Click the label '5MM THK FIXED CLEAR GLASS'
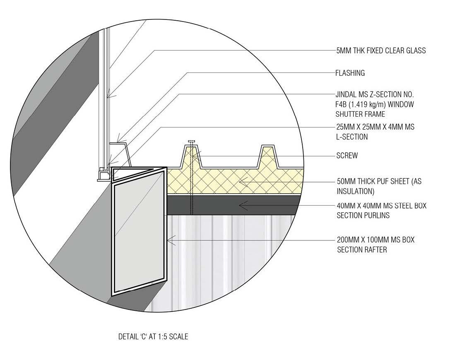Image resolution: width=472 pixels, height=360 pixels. [381, 50]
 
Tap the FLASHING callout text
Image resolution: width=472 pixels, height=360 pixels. [350, 73]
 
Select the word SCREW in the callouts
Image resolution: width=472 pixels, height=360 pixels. [347, 156]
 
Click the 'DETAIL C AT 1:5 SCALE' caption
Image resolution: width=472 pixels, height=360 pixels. [153, 337]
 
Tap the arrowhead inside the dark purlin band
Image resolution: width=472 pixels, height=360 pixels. [243, 204]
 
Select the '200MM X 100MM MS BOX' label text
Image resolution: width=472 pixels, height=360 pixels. [376, 240]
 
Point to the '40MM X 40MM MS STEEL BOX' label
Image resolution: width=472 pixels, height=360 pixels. [381, 206]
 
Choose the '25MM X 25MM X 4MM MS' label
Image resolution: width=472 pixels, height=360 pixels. [375, 127]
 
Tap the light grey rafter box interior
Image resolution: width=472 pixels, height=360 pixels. [137, 236]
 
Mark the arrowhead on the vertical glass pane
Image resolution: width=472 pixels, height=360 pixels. [108, 97]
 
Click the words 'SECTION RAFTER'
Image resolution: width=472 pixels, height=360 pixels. [362, 250]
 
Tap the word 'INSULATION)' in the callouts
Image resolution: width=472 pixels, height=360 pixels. [356, 191]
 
